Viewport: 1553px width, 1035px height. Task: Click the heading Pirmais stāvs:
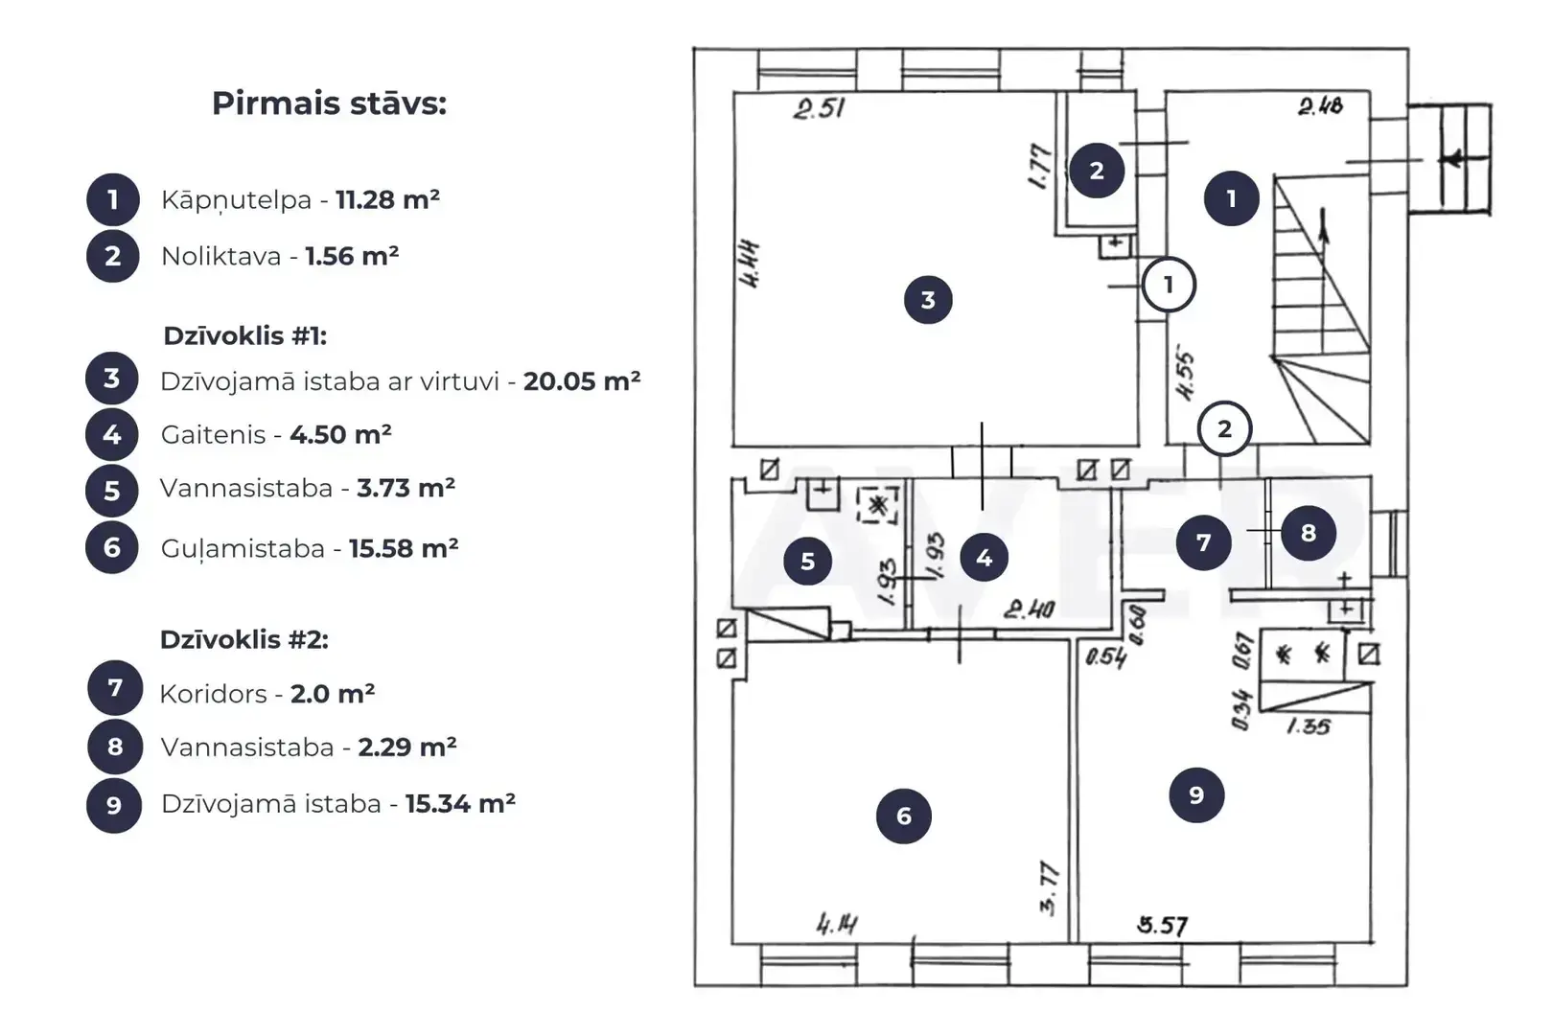[x=330, y=104]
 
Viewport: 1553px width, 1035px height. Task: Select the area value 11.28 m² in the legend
[x=387, y=199]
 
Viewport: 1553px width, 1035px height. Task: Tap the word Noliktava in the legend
[x=221, y=257]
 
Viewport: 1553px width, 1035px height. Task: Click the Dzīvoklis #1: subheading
[x=244, y=336]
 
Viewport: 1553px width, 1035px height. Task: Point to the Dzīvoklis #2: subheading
[x=244, y=639]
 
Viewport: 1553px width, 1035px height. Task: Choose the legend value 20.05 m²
[x=582, y=381]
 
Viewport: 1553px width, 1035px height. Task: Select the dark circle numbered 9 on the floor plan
[x=1196, y=795]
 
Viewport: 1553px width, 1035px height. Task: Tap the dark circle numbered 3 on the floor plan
[x=928, y=299]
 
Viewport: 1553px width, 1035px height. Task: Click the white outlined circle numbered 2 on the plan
[x=1224, y=428]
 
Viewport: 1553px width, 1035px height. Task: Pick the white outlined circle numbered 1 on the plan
[x=1169, y=285]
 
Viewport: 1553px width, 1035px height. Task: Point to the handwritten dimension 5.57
[x=1162, y=925]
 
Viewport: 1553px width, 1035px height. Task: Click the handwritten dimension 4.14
[x=837, y=924]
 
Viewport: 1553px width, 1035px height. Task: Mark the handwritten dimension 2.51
[x=819, y=109]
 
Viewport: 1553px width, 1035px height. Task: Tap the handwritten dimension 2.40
[x=1030, y=609]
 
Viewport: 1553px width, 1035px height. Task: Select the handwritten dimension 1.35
[x=1309, y=726]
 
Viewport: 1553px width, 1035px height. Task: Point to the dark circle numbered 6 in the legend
[x=112, y=547]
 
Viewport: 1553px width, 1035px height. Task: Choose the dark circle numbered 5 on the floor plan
[x=807, y=561]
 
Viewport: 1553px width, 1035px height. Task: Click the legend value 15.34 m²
[x=460, y=804]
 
